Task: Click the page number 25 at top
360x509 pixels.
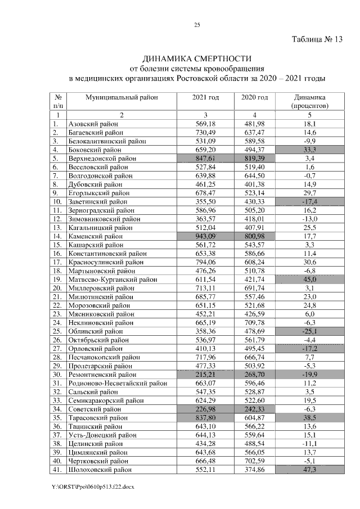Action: (x=197, y=25)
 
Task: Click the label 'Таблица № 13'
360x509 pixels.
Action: (x=316, y=40)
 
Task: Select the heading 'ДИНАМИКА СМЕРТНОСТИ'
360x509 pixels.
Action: (x=197, y=58)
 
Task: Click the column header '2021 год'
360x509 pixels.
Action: (x=206, y=97)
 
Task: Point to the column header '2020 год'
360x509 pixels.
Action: (x=254, y=97)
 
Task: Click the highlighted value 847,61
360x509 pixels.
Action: (x=206, y=159)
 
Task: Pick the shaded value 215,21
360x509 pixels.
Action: (x=206, y=374)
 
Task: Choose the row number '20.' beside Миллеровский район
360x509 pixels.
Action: (x=56, y=288)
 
